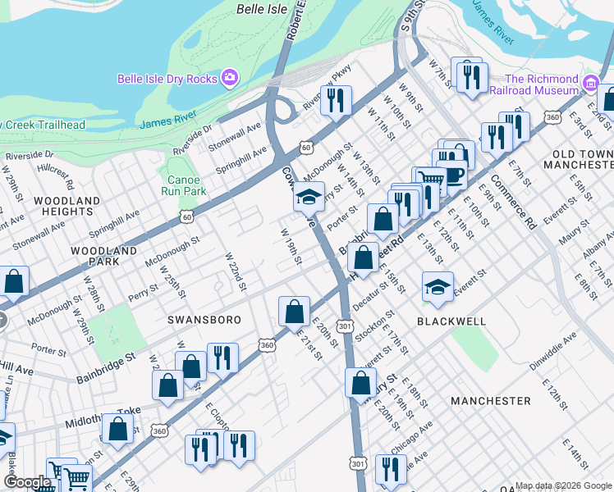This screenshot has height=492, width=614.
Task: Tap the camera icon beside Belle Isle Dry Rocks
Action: click(x=230, y=78)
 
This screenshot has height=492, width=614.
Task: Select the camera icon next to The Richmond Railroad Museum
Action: click(x=590, y=84)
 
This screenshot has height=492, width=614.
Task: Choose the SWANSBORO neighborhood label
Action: click(x=204, y=320)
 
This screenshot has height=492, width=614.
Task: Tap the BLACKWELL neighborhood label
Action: click(x=451, y=321)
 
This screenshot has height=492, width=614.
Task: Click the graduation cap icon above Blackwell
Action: click(x=438, y=287)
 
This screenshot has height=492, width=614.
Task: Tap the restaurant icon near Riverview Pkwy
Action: click(x=336, y=100)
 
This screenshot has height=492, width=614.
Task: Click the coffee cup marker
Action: click(x=451, y=174)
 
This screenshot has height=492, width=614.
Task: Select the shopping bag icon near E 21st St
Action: click(x=294, y=312)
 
